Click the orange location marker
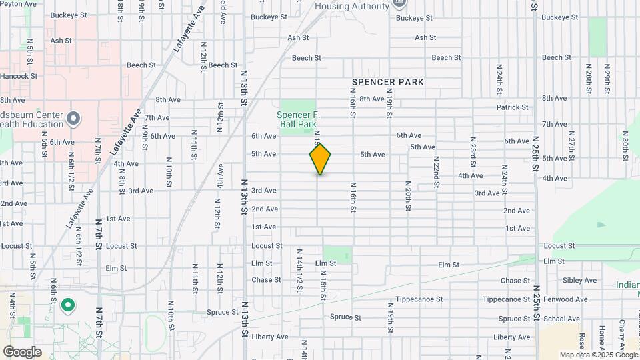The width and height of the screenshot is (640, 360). tap(320, 159)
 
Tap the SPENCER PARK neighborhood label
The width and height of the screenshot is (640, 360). tap(388, 82)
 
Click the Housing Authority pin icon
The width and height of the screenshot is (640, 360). tap(399, 3)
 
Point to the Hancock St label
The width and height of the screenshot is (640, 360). tap(19, 77)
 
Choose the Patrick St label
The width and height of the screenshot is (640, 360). tap(512, 107)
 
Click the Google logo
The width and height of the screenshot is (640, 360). tap(22, 352)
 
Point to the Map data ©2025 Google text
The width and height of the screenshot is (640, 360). tap(597, 355)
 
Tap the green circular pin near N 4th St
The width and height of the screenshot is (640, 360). tap(67, 306)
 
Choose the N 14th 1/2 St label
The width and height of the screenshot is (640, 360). tap(299, 271)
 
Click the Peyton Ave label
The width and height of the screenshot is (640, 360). tap(18, 3)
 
